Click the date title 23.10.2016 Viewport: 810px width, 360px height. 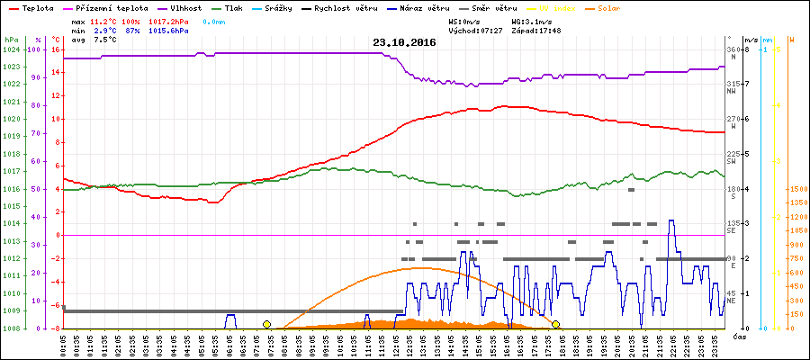[404, 42]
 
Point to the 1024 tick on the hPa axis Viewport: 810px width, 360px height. [10, 49]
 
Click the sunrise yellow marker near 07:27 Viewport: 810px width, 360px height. [266, 324]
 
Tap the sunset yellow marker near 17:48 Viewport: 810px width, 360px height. [556, 324]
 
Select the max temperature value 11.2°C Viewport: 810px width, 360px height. [104, 20]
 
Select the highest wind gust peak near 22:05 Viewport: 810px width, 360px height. [670, 220]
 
